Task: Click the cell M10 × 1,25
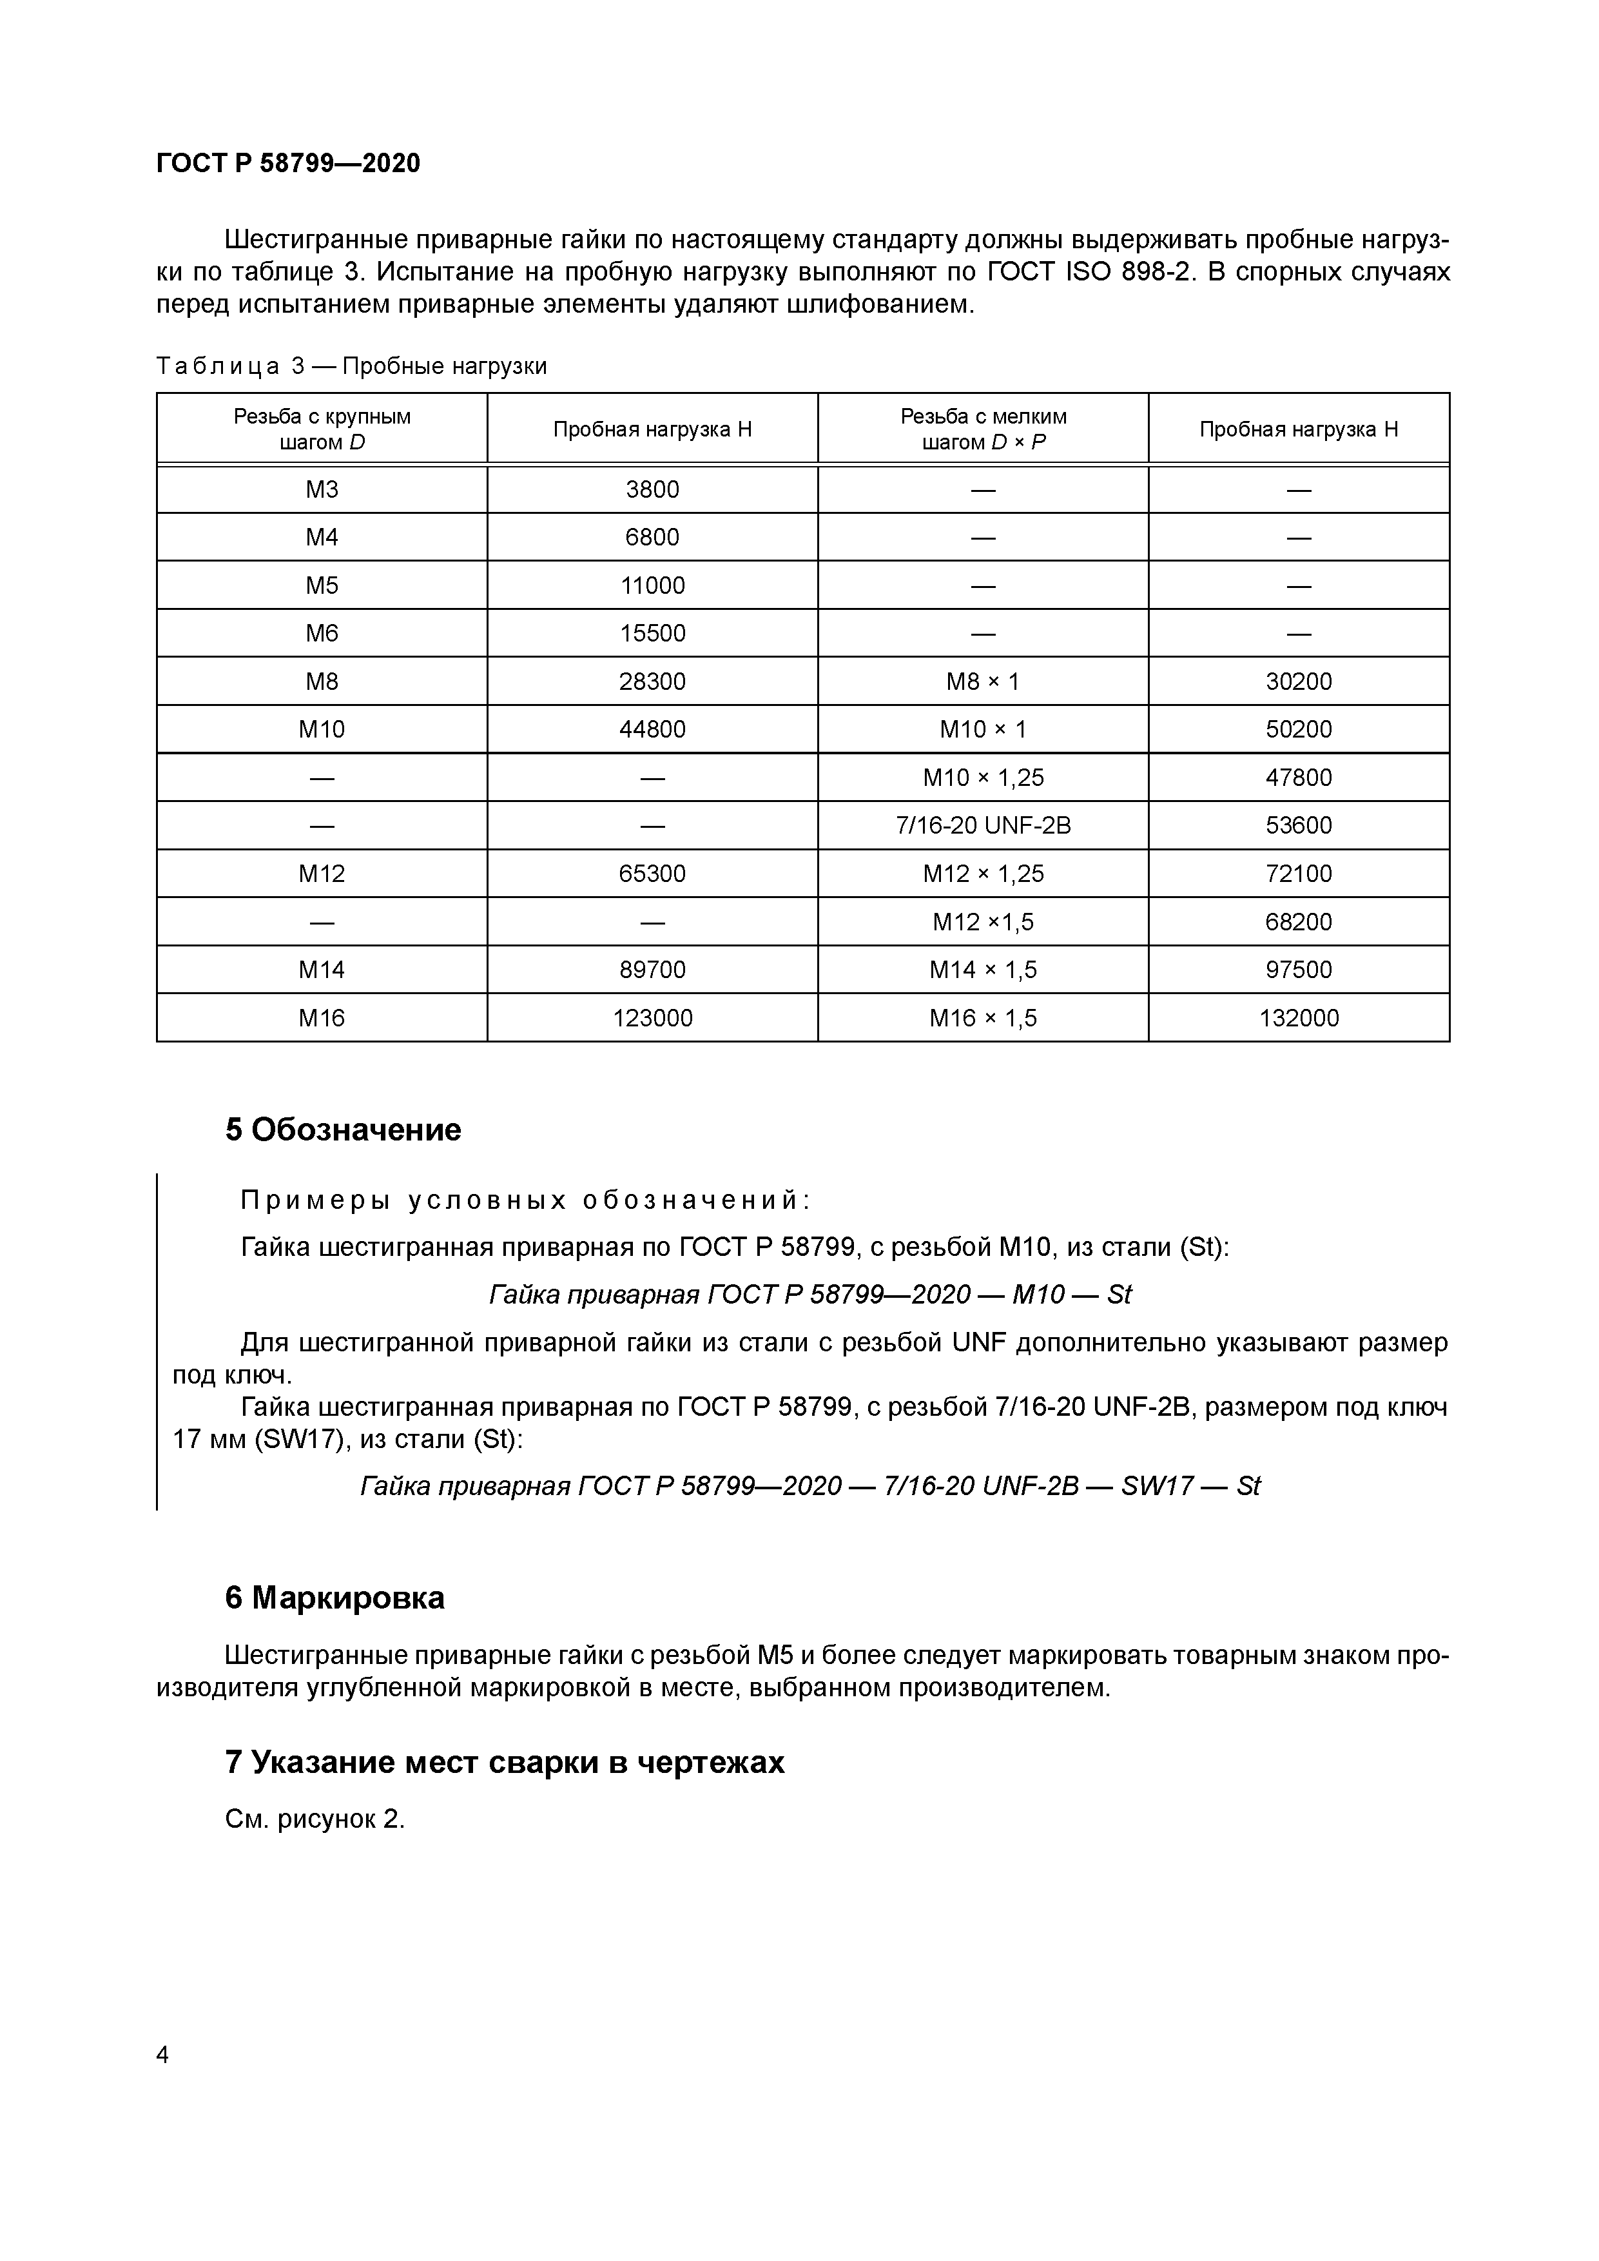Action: pyautogui.click(x=983, y=778)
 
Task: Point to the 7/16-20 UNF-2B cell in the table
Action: pyautogui.click(x=983, y=825)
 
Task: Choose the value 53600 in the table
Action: pyautogui.click(x=1298, y=825)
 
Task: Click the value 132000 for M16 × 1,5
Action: pyautogui.click(x=1298, y=1018)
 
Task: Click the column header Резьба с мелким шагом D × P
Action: pyautogui.click(x=983, y=429)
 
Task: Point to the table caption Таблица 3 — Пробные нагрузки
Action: pyautogui.click(x=351, y=366)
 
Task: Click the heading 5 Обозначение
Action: pyautogui.click(x=343, y=1130)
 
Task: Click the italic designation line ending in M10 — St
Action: pyautogui.click(x=809, y=1294)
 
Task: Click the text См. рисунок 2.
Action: pyautogui.click(x=315, y=1819)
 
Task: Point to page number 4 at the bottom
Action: pyautogui.click(x=162, y=2054)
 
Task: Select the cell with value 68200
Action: pyautogui.click(x=1298, y=922)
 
